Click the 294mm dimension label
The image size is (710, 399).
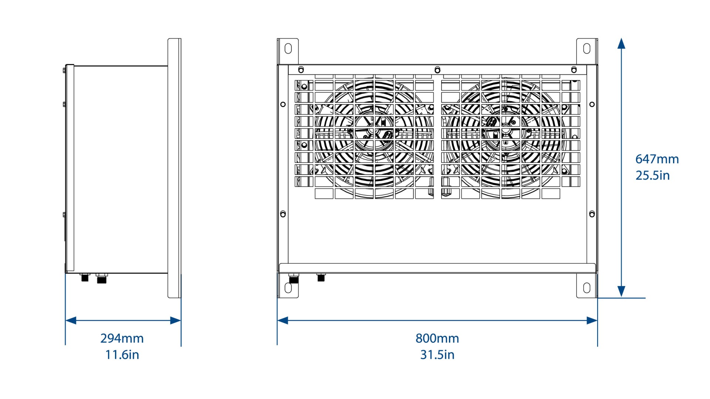click(122, 338)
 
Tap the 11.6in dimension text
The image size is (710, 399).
click(122, 355)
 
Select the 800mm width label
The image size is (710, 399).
click(437, 338)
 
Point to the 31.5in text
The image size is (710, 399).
click(437, 355)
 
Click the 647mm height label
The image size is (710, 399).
click(657, 159)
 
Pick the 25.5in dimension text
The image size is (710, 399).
click(653, 175)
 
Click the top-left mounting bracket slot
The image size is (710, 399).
click(288, 49)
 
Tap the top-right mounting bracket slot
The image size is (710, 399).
click(586, 49)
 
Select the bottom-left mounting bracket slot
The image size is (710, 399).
click(288, 288)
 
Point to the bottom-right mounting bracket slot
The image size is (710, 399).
click(586, 288)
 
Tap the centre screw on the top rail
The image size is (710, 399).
click(437, 69)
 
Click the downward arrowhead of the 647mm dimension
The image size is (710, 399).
click(622, 292)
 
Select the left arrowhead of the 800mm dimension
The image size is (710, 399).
click(283, 320)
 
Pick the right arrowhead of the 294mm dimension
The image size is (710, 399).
click(176, 320)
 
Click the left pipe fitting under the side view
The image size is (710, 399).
click(85, 277)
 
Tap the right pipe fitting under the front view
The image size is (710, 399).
click(321, 277)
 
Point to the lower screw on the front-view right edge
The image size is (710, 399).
click(592, 214)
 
